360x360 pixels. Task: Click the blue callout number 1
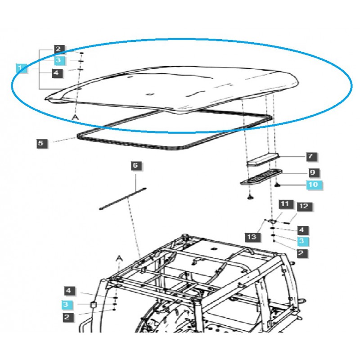(21, 68)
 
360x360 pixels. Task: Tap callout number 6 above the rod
(136, 166)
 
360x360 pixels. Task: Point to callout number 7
(311, 157)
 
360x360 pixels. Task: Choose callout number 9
(313, 173)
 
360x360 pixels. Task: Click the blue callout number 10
(314, 185)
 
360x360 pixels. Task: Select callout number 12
(305, 207)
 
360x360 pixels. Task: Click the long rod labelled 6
(123, 198)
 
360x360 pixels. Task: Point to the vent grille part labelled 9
(261, 177)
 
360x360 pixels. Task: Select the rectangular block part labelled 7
(263, 160)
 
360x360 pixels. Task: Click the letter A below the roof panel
(75, 117)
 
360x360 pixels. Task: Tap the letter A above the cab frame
(119, 258)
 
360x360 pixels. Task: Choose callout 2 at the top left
(58, 49)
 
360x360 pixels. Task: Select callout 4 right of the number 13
(302, 230)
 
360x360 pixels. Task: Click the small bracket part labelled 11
(273, 221)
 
